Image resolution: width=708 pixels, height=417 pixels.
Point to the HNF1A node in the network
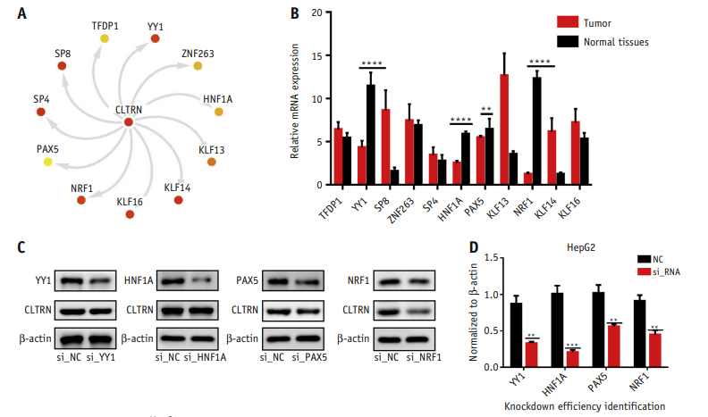click(x=218, y=112)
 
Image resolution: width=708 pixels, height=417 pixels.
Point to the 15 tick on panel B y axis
click(x=317, y=56)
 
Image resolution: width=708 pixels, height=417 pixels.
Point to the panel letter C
click(x=21, y=246)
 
